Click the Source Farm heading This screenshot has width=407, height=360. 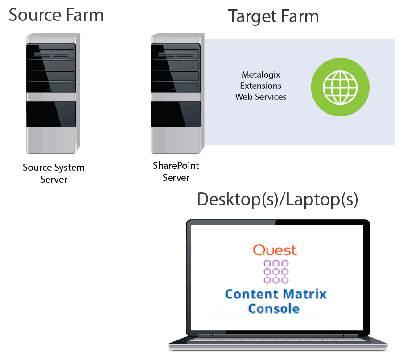[56, 15]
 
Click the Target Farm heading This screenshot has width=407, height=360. [274, 17]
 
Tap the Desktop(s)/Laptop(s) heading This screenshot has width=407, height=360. [277, 200]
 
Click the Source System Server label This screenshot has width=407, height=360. [53, 173]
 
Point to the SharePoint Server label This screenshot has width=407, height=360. [176, 172]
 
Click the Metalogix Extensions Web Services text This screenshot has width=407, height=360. [261, 85]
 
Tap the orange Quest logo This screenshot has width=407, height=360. [275, 250]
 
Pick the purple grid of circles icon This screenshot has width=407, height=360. [276, 271]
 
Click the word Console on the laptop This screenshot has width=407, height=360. [273, 308]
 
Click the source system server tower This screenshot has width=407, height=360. [51, 94]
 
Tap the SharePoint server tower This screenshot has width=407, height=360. [176, 94]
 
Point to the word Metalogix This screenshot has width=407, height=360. [261, 74]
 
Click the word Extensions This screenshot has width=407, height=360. [261, 85]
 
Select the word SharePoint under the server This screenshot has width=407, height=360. [176, 166]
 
